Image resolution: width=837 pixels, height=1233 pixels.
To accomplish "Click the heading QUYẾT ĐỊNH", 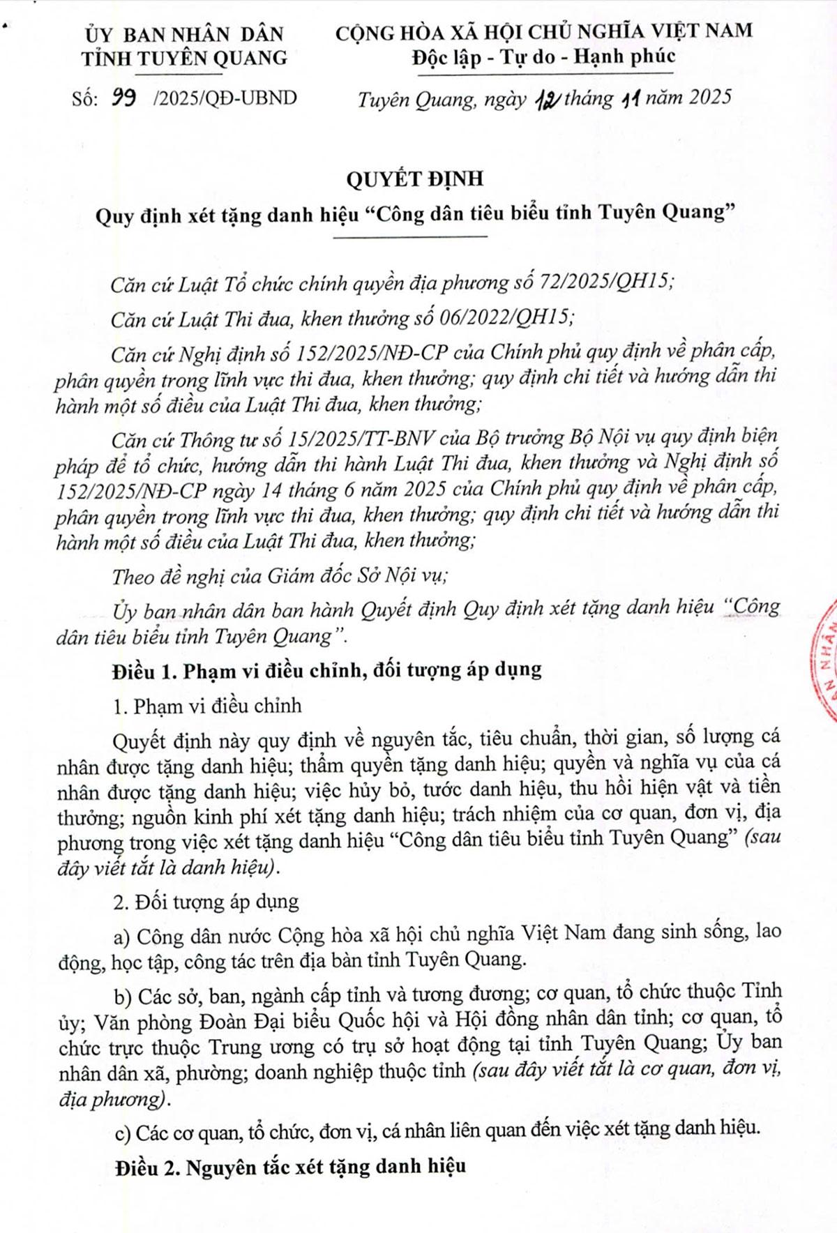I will point(414,179).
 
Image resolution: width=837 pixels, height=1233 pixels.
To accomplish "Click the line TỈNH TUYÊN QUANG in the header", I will point(184,58).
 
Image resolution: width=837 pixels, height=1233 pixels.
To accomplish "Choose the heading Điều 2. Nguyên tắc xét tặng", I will point(291,1166).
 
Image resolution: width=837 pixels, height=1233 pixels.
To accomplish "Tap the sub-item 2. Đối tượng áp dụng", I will point(206,902).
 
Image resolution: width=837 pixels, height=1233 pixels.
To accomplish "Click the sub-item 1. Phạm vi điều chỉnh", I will point(207,705).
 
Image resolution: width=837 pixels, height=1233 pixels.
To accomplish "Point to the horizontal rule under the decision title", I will point(412,237).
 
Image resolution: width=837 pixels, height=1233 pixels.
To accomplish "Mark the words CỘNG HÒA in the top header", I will point(395,31).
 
